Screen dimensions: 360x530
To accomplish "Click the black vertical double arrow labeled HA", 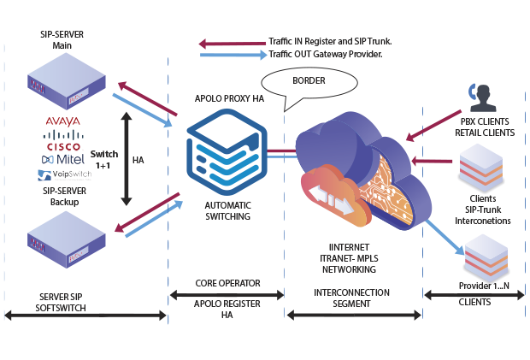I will (127, 161).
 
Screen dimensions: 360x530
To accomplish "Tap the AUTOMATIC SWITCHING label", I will (227, 211).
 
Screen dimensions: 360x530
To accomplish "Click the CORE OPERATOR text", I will (227, 281).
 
